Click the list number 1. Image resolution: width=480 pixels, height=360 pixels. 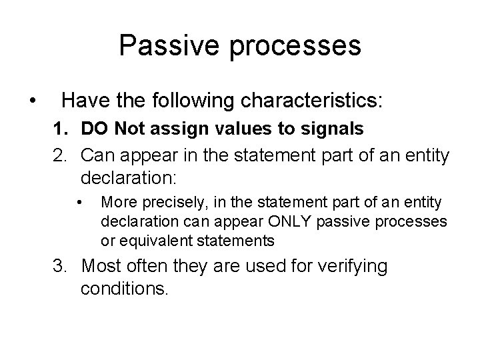pyautogui.click(x=59, y=129)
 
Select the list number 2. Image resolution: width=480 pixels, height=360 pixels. pyautogui.click(x=59, y=157)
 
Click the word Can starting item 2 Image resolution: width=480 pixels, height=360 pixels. pyautogui.click(x=97, y=157)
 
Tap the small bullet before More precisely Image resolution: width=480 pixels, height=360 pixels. pyautogui.click(x=79, y=201)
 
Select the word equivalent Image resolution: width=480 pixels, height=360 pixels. pyautogui.click(x=148, y=239)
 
